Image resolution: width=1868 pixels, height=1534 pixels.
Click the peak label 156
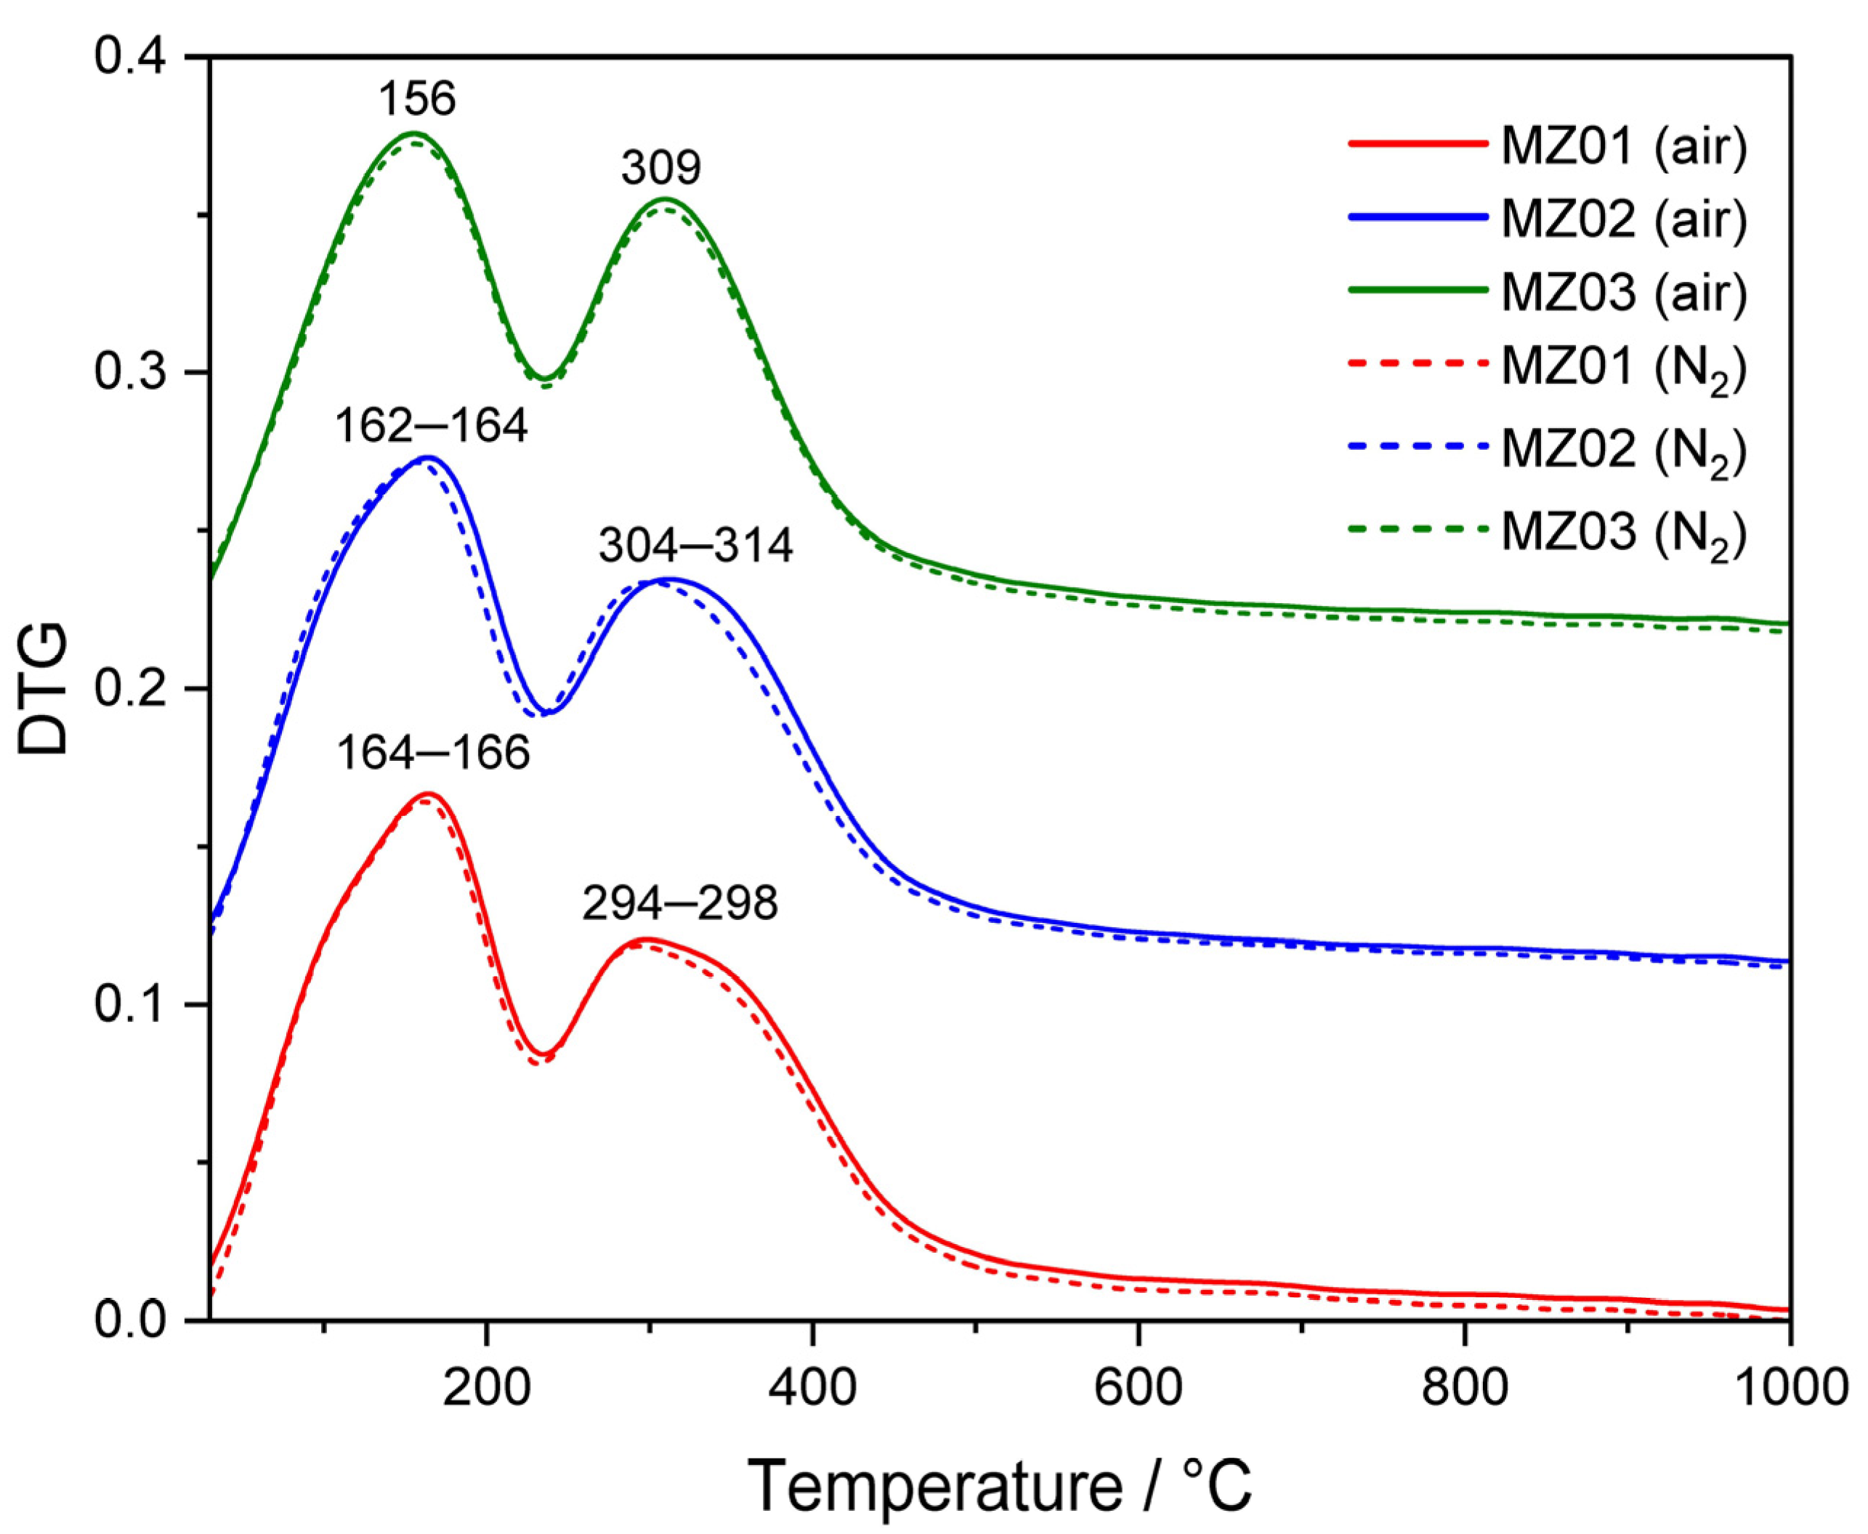(417, 98)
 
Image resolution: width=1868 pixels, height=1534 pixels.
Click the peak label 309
(661, 168)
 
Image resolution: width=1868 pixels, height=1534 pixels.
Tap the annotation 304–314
(695, 547)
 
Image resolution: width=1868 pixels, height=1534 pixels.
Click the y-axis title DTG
(44, 689)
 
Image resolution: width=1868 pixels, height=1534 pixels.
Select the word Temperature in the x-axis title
(936, 1485)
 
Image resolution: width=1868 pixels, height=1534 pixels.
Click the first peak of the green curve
(413, 134)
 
